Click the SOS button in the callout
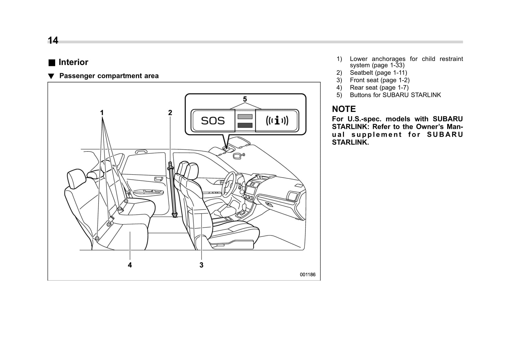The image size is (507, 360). click(x=213, y=121)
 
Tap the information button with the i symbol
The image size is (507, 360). click(x=277, y=121)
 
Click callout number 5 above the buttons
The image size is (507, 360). click(x=245, y=99)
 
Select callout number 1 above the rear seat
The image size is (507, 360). click(x=102, y=113)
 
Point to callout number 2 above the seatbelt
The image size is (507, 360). click(x=170, y=113)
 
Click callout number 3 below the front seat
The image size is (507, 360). click(x=201, y=265)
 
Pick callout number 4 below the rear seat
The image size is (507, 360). click(x=130, y=265)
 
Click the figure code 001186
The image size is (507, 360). click(x=307, y=274)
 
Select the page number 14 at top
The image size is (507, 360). click(x=53, y=40)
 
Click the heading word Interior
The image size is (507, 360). click(x=73, y=62)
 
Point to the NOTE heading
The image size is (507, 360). click(x=344, y=109)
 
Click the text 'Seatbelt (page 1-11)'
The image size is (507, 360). click(x=378, y=73)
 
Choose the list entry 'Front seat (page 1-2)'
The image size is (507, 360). click(x=379, y=80)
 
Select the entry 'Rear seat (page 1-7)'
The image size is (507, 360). click(x=379, y=87)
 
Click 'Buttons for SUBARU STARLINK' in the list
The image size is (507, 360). click(x=395, y=95)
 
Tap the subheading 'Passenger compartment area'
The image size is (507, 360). click(x=109, y=76)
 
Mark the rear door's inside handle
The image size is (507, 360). click(x=158, y=178)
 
